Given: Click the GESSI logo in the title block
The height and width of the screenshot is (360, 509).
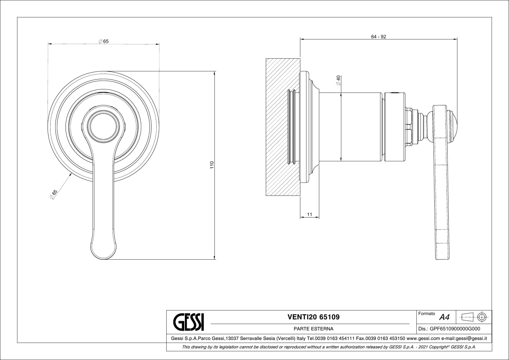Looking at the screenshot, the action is (x=189, y=322).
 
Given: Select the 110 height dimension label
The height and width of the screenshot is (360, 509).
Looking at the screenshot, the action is (x=212, y=165).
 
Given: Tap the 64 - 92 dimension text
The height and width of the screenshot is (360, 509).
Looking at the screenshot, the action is (x=379, y=37).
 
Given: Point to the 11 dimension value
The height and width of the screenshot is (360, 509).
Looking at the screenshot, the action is (x=309, y=214).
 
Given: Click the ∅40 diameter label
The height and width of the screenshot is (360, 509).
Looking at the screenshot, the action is (x=338, y=80).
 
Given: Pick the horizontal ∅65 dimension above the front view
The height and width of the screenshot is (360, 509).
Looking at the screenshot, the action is (x=103, y=41).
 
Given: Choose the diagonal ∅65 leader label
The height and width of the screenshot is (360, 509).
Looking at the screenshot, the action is (x=54, y=194).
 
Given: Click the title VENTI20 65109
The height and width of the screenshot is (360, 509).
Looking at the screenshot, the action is (x=314, y=317).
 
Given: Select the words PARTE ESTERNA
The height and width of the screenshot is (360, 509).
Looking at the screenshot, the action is (x=314, y=329).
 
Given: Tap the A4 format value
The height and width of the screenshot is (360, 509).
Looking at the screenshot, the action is (x=445, y=317).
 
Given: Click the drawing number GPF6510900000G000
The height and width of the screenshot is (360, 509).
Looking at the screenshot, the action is (x=455, y=329).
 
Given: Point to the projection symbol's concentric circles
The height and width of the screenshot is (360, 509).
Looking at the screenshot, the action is (x=482, y=317).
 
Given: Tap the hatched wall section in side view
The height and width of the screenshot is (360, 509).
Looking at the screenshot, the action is (x=283, y=127).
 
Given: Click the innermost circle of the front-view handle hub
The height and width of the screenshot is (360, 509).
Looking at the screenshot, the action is (x=104, y=127).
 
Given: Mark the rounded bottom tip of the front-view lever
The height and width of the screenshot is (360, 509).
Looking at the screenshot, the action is (x=104, y=259).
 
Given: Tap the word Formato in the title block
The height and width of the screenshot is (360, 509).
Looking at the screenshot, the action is (x=427, y=314).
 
